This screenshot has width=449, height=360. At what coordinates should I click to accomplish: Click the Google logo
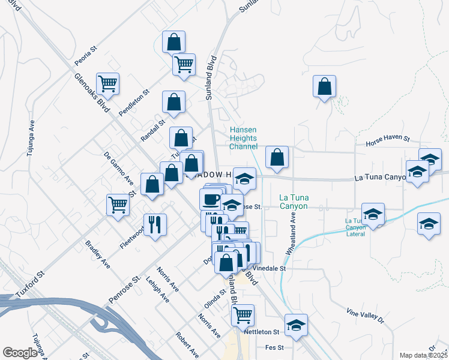(x=20, y=353)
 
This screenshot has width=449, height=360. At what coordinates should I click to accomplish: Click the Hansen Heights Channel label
(x=244, y=138)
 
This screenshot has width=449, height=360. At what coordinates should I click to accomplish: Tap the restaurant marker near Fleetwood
(x=155, y=225)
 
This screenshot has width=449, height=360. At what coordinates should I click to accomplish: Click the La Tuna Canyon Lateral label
(x=363, y=227)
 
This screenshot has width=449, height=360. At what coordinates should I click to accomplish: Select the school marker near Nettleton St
(x=296, y=325)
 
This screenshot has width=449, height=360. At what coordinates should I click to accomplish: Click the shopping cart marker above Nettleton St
(x=242, y=314)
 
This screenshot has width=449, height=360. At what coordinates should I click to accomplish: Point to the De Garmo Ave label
(x=119, y=169)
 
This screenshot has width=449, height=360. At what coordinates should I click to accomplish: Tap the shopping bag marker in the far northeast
(x=324, y=86)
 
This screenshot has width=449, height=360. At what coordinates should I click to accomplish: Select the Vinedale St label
(x=269, y=268)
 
